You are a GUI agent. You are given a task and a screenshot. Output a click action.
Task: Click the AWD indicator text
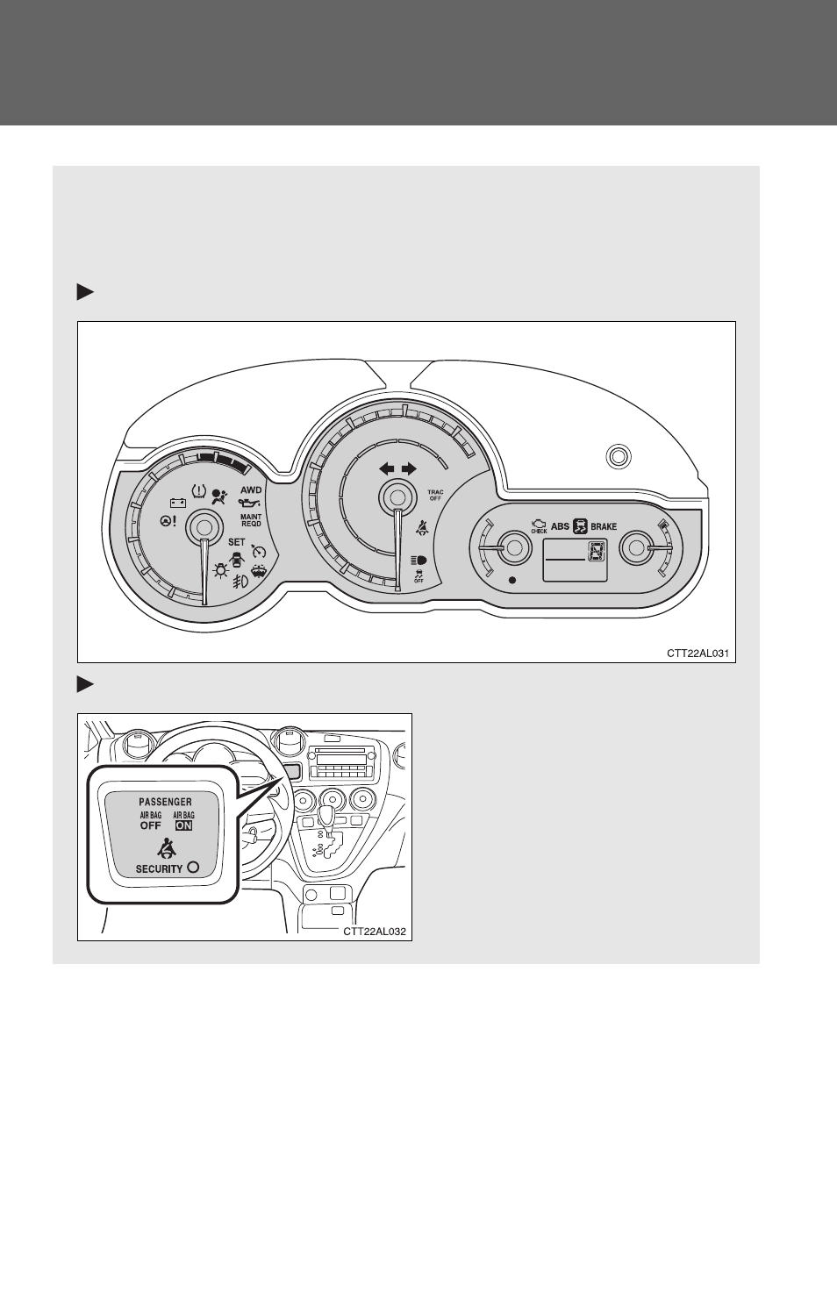click(x=251, y=490)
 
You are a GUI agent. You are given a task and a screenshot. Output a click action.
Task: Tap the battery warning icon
click(x=178, y=503)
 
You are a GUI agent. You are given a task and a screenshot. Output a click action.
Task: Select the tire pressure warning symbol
click(x=198, y=491)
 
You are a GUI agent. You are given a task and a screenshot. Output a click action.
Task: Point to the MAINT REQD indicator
click(x=251, y=520)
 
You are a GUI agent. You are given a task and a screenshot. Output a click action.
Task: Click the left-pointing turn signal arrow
click(x=387, y=468)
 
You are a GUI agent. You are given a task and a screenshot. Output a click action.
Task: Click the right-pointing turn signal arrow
click(x=409, y=468)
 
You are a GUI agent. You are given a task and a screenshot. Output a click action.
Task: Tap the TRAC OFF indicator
click(x=435, y=496)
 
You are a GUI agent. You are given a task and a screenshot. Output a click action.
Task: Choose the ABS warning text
click(x=560, y=526)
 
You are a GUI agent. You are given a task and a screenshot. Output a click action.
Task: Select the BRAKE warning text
click(x=604, y=526)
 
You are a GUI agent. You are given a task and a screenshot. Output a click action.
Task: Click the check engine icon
click(x=539, y=525)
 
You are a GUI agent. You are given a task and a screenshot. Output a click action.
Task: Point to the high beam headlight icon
click(x=418, y=560)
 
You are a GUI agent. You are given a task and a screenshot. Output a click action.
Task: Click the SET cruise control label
click(x=237, y=542)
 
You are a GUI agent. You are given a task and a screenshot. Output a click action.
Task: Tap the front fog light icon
click(x=240, y=581)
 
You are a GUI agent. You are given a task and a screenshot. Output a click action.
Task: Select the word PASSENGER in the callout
click(x=165, y=802)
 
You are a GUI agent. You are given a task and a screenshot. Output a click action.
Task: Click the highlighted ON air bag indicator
click(x=184, y=825)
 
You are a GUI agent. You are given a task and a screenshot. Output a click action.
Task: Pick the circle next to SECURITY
click(x=193, y=867)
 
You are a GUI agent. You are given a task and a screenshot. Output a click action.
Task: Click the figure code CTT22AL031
click(x=697, y=654)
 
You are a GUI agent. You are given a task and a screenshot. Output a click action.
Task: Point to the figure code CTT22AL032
click(x=375, y=931)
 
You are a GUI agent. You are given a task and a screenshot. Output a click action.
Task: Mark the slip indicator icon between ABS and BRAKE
click(x=580, y=525)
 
